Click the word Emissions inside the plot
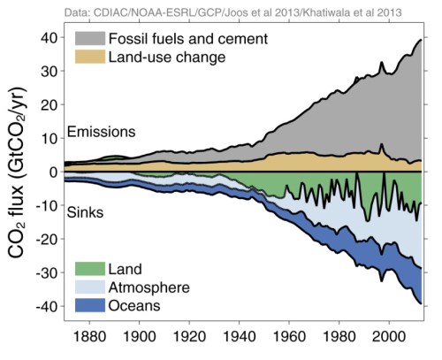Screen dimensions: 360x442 (x=101, y=132)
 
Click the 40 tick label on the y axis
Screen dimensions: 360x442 (x=50, y=37)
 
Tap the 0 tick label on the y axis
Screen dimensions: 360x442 (x=54, y=172)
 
